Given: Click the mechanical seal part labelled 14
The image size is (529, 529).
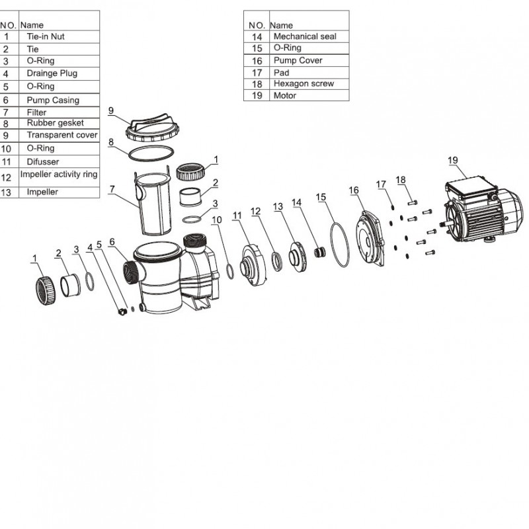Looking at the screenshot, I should (x=319, y=252).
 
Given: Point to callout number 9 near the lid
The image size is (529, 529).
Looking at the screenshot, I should (x=111, y=110).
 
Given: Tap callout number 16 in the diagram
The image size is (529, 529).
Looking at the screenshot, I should (x=354, y=190).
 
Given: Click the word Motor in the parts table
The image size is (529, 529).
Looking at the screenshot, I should (x=284, y=96).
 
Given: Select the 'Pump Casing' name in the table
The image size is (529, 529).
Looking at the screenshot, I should (x=52, y=101).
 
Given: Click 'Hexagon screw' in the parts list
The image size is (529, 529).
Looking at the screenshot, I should (x=304, y=84).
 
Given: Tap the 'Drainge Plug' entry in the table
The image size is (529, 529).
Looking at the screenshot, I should (x=52, y=73).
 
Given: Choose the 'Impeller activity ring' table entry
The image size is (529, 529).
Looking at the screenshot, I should (x=59, y=175).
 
